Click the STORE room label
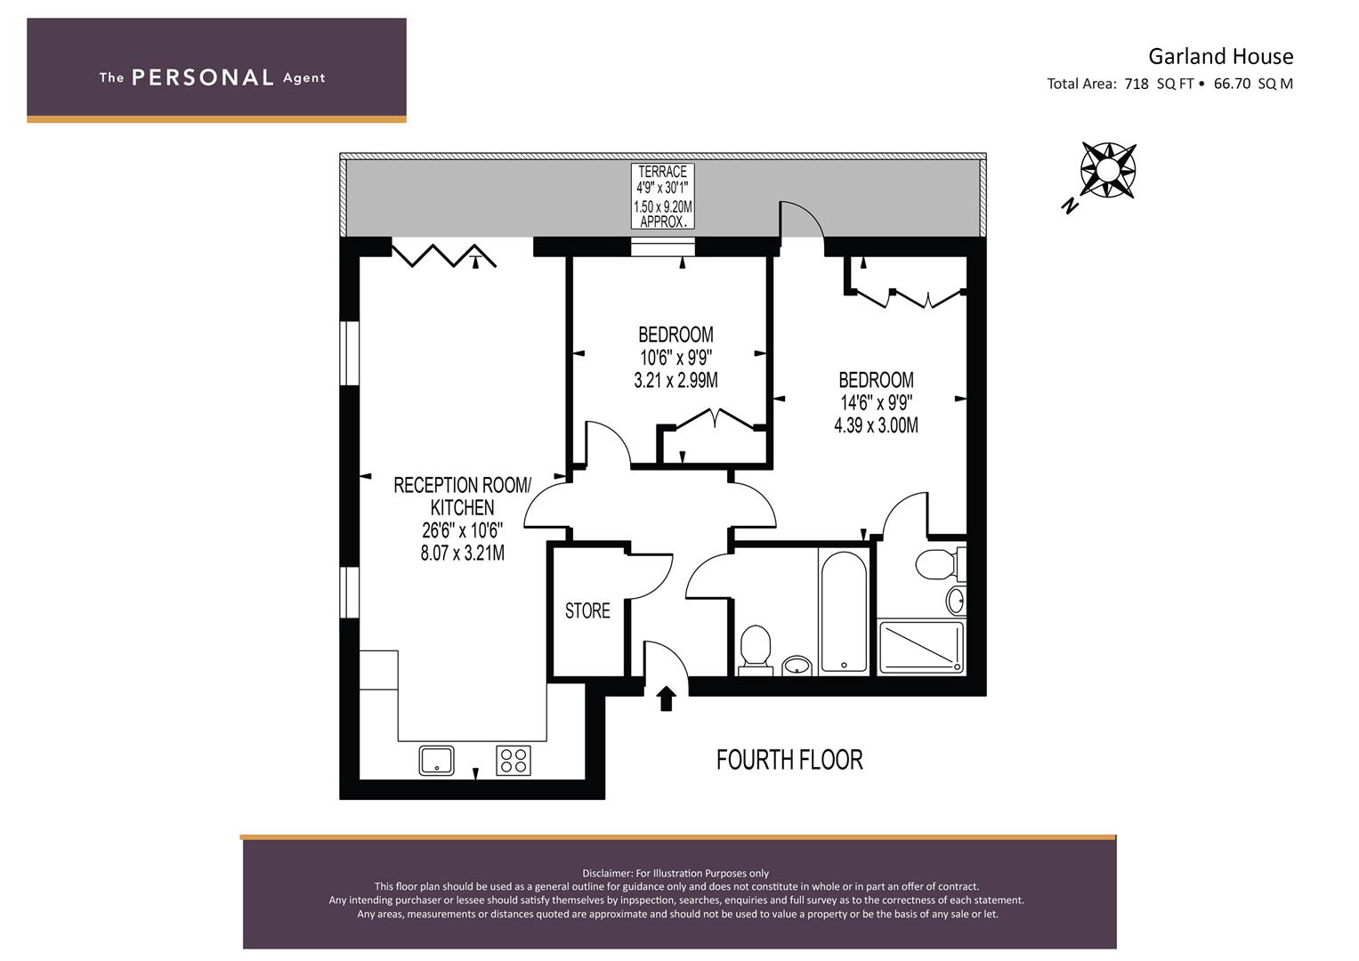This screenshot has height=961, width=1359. (587, 610)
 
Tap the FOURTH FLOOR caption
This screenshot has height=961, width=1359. (789, 760)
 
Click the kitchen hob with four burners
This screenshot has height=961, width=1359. (514, 760)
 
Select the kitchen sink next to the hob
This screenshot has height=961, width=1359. (436, 760)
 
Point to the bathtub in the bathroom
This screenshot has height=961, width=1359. (844, 611)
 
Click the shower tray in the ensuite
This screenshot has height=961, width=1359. (921, 647)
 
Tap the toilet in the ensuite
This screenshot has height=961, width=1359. (937, 564)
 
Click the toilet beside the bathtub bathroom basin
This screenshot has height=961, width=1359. (756, 650)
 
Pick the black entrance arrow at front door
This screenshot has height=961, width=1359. (667, 699)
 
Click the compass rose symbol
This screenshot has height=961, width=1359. (1108, 171)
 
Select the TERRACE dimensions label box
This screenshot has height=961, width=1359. (662, 197)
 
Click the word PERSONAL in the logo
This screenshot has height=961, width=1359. (203, 77)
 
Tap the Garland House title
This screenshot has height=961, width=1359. (1221, 56)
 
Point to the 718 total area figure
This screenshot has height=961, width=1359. (1137, 84)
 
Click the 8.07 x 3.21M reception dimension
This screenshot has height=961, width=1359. (462, 553)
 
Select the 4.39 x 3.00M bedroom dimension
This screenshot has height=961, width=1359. (876, 425)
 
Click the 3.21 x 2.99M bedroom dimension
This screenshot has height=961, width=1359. (675, 381)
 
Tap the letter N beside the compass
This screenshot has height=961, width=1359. (1071, 206)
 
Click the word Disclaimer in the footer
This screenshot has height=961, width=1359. (607, 874)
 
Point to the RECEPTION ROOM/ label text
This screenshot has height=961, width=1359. (462, 485)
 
